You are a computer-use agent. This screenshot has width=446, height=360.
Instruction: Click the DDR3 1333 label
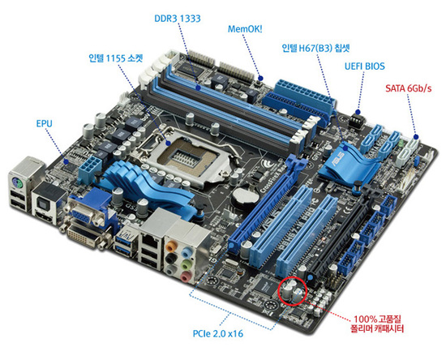178,19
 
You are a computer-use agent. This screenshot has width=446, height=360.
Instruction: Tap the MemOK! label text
245,29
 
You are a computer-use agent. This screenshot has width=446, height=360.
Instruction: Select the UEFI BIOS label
365,66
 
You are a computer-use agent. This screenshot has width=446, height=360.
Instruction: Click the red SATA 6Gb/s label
409,88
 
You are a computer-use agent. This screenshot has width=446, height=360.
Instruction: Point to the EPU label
45,124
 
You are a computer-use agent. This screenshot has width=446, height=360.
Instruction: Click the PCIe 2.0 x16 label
218,333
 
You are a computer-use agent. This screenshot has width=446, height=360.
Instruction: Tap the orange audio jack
170,246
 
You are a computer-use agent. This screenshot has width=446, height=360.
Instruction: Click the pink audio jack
185,276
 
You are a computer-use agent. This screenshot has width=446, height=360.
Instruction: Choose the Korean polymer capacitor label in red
377,324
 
